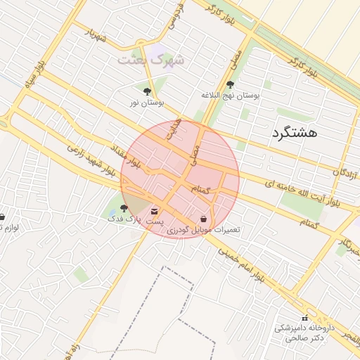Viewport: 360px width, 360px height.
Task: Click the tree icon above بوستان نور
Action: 147,91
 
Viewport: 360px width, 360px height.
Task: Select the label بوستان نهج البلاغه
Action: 231,94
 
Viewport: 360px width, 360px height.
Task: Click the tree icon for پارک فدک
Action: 124,207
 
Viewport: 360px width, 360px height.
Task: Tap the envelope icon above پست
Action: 155,210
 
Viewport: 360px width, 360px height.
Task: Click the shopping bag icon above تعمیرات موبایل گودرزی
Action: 203,219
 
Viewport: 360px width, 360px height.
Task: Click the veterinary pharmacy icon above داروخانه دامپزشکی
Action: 305,318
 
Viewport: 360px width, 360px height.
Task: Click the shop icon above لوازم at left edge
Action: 2,217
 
